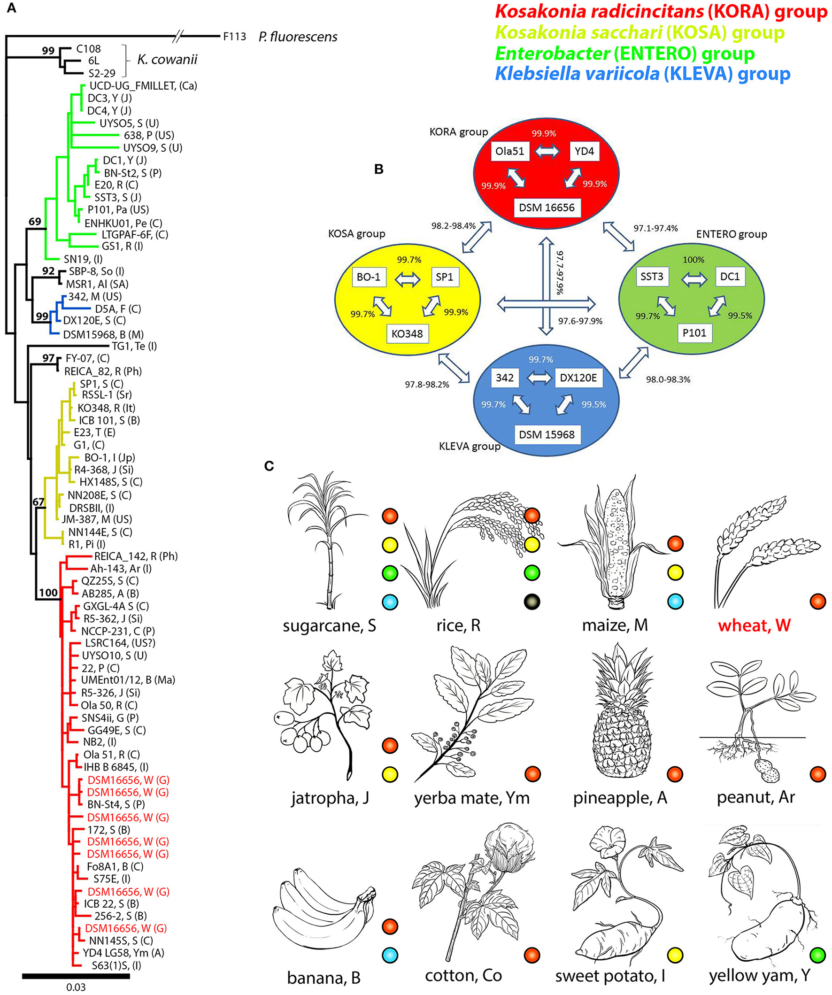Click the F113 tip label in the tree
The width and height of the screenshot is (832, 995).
click(235, 37)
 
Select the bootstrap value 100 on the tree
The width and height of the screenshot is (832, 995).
click(48, 592)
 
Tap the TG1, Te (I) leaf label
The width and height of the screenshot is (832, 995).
click(134, 346)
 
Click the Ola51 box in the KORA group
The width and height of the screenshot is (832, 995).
click(509, 151)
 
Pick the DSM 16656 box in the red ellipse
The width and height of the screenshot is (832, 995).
click(547, 208)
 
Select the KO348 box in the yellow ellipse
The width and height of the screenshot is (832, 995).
click(407, 333)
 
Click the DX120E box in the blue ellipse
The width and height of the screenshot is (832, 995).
click(578, 378)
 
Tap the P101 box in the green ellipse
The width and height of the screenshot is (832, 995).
click(694, 332)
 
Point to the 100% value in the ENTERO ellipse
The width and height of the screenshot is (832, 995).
click(693, 260)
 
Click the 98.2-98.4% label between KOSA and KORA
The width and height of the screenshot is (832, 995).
click(453, 225)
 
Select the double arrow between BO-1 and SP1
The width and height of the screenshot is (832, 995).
click(408, 279)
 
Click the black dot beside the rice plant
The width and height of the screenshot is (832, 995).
click(532, 602)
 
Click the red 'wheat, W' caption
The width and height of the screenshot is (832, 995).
click(754, 625)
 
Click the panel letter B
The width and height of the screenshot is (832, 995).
click(378, 169)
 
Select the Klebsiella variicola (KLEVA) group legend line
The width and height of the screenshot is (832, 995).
click(642, 74)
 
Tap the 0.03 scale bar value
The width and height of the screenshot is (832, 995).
click(76, 987)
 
